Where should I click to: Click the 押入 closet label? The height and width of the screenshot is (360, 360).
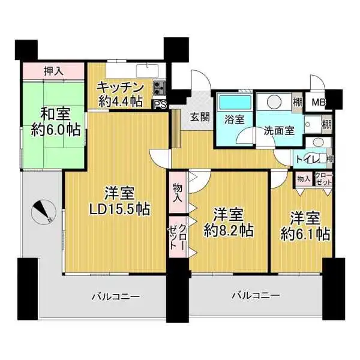(x=54, y=70)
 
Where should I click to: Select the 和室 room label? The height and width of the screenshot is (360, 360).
(x=53, y=113)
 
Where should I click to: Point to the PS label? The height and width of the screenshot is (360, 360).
(x=160, y=104)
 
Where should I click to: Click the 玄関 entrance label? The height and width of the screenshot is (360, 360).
(x=200, y=117)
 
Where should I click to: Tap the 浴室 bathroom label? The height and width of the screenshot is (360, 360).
(x=235, y=119)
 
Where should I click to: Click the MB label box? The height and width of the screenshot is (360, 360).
(x=318, y=102)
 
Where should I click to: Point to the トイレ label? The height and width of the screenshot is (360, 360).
(x=308, y=159)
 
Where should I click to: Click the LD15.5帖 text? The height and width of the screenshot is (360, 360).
(x=116, y=210)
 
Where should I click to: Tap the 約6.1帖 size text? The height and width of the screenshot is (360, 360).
(x=305, y=233)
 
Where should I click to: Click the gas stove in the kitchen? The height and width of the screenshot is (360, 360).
(x=159, y=88)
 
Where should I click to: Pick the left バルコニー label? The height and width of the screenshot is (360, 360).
(x=116, y=296)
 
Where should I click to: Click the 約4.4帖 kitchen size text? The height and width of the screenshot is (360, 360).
(x=121, y=101)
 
